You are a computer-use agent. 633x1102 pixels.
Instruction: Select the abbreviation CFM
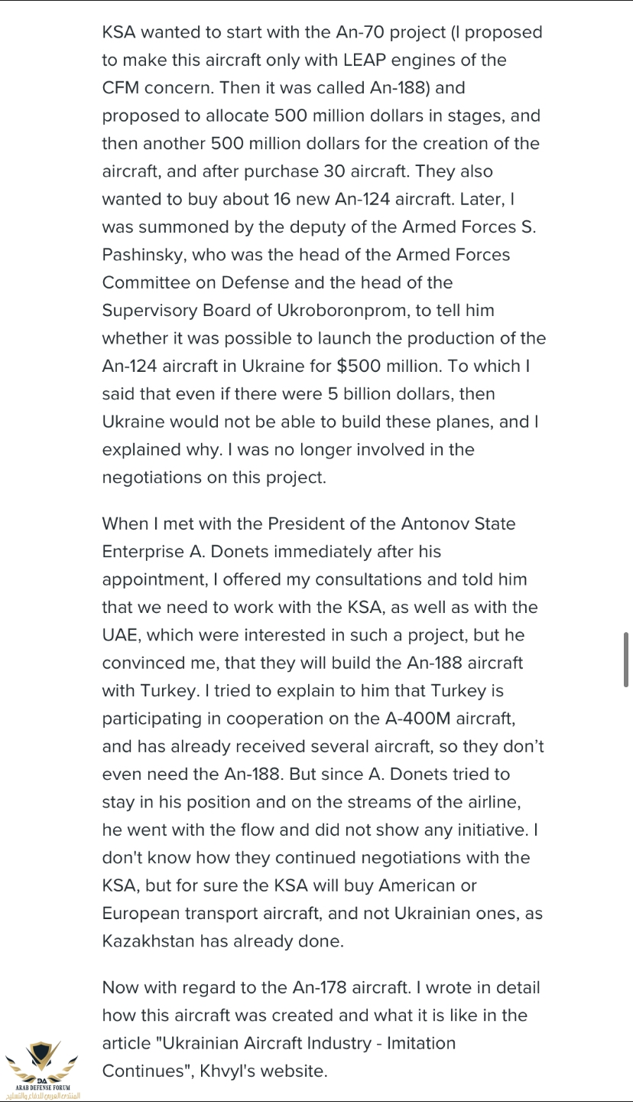click(123, 87)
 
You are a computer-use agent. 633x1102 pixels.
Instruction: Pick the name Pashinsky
click(140, 255)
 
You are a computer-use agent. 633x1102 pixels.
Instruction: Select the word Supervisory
click(152, 311)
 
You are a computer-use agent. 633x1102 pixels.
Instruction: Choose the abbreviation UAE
click(121, 635)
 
